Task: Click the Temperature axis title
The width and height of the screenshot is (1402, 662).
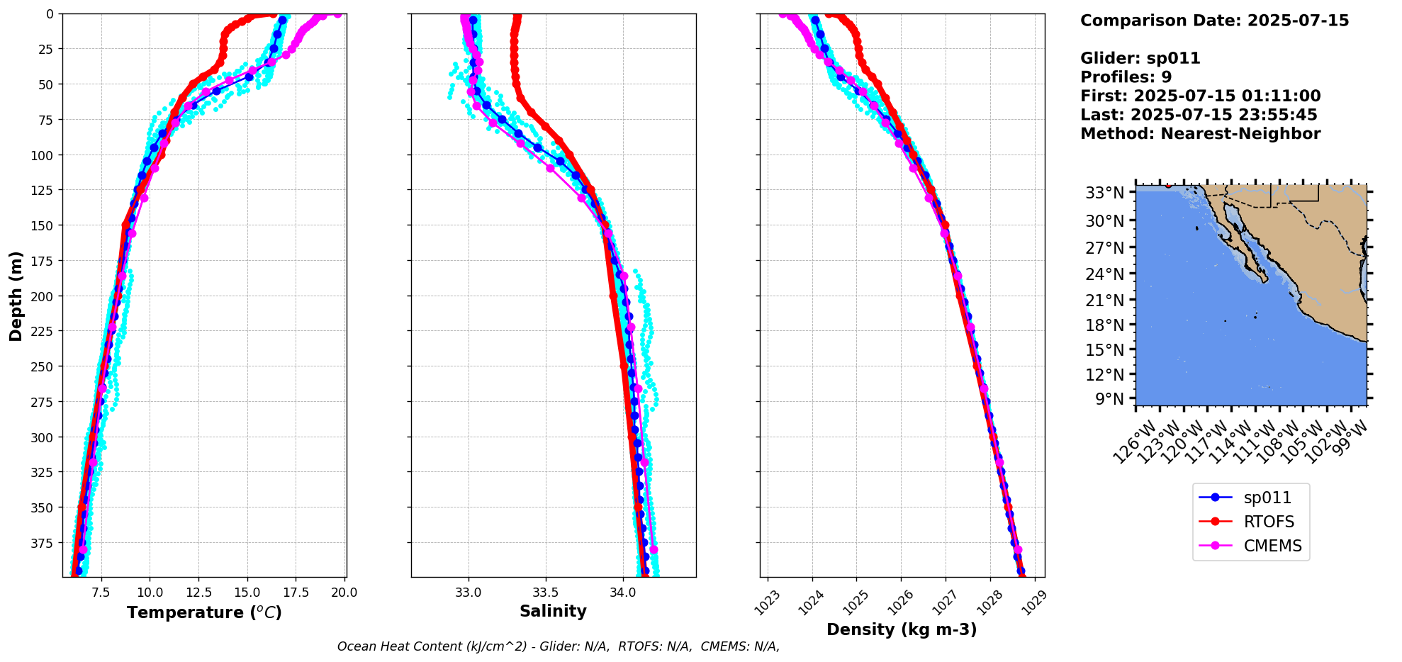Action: tap(205, 612)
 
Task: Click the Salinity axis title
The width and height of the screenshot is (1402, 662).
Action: tap(553, 612)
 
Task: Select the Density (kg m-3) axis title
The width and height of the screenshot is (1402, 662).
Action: tap(902, 629)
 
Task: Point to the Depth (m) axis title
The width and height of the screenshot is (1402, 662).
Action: tap(16, 296)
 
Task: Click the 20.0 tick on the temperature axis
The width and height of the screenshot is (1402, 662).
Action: tap(344, 592)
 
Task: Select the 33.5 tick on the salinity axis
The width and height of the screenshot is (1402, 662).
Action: tap(545, 592)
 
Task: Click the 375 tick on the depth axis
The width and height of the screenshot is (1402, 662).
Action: tap(43, 543)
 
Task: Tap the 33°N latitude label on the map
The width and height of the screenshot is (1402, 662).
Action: tap(1105, 193)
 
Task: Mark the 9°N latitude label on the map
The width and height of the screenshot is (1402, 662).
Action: tap(1110, 399)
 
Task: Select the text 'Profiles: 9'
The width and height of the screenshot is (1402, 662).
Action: tap(1126, 77)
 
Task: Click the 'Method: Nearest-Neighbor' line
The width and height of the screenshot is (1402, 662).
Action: tap(1200, 134)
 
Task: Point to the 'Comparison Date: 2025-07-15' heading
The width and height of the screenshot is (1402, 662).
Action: tap(1214, 21)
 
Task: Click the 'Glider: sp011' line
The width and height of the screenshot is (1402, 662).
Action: tap(1140, 58)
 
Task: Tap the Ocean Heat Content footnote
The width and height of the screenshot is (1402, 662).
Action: tap(559, 646)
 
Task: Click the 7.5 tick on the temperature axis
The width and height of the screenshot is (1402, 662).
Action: tap(101, 592)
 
